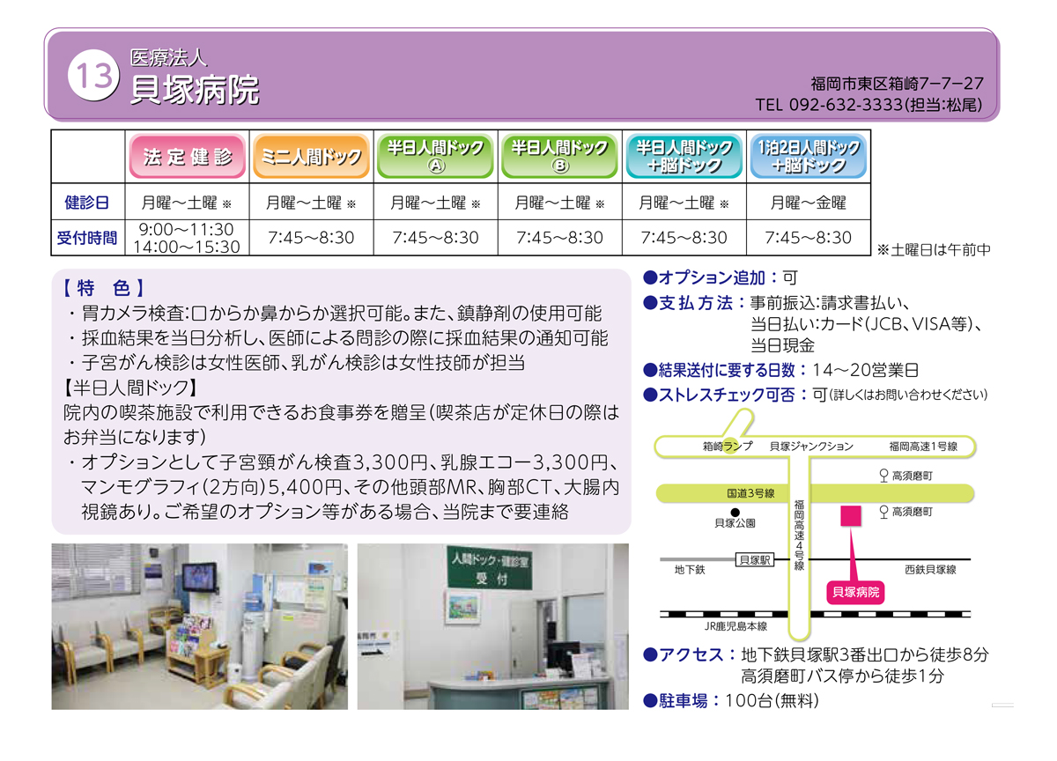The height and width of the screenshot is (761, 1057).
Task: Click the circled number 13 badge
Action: pyautogui.click(x=93, y=76)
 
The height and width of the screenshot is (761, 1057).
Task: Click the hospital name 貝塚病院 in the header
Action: pyautogui.click(x=195, y=90)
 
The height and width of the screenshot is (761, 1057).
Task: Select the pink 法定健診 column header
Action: pyautogui.click(x=188, y=157)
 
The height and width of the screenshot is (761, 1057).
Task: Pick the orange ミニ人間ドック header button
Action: pyautogui.click(x=312, y=157)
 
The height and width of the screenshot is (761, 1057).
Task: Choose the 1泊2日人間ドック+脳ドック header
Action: pyautogui.click(x=809, y=157)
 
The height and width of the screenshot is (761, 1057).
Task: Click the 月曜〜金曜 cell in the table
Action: pyautogui.click(x=808, y=203)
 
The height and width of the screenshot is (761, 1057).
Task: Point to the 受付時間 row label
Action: pyautogui.click(x=87, y=238)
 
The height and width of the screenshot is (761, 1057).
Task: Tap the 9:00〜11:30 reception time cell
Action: pyautogui.click(x=187, y=230)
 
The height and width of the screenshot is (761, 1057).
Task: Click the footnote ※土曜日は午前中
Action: pyautogui.click(x=934, y=249)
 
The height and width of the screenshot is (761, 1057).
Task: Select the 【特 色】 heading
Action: pyautogui.click(x=104, y=288)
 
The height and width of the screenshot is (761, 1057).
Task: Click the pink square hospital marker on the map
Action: pyautogui.click(x=851, y=516)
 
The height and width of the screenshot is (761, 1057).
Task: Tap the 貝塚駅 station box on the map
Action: pyautogui.click(x=755, y=560)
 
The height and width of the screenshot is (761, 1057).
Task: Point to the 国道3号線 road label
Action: pyautogui.click(x=750, y=493)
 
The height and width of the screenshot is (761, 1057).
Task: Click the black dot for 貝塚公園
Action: pyautogui.click(x=735, y=513)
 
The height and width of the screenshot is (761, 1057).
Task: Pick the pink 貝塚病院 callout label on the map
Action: pyautogui.click(x=855, y=592)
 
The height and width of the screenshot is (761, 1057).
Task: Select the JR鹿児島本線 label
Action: pyautogui.click(x=735, y=626)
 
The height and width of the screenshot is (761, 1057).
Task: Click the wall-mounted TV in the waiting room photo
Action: pyautogui.click(x=201, y=577)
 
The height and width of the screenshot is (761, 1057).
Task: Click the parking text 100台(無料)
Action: pyautogui.click(x=772, y=701)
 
